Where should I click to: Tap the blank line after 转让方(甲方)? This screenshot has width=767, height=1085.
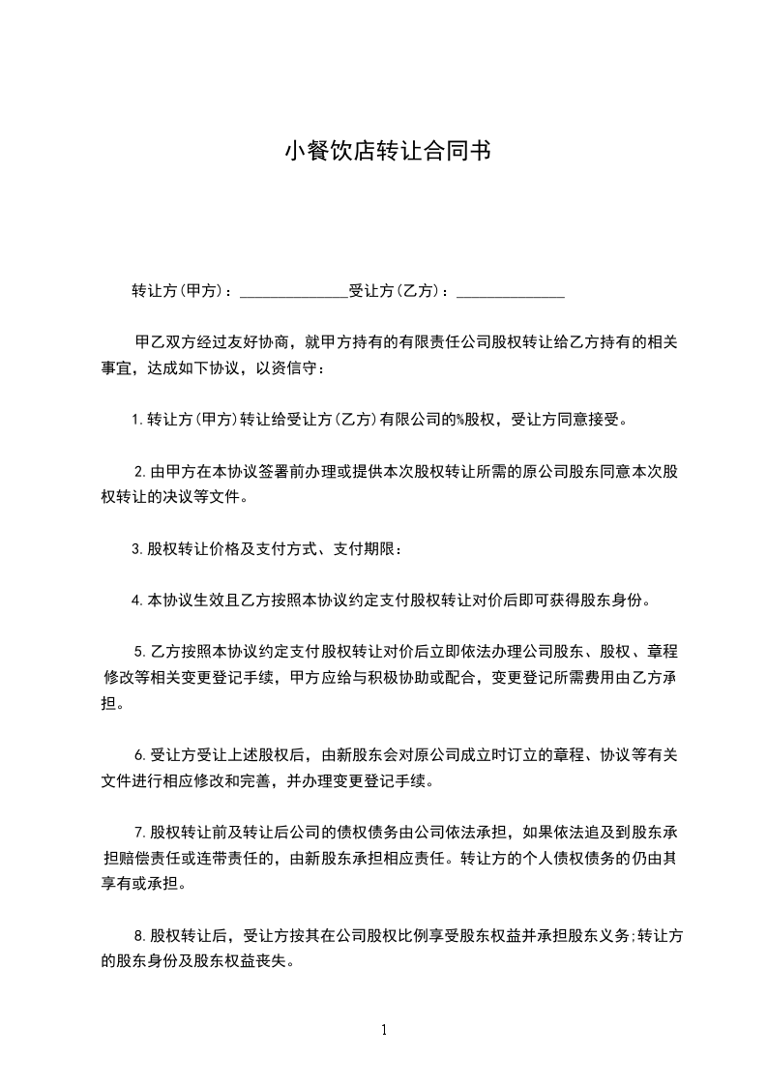[x=293, y=290]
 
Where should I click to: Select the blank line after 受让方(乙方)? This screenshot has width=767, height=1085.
[x=510, y=290]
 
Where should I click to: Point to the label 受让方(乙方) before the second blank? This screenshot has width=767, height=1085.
[x=396, y=290]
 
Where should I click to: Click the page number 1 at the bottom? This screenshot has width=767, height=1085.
[x=384, y=1030]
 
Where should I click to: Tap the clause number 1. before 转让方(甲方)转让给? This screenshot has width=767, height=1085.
[x=137, y=420]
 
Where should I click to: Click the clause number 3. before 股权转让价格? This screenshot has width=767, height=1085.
[x=137, y=549]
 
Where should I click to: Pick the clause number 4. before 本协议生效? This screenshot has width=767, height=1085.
[x=137, y=601]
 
